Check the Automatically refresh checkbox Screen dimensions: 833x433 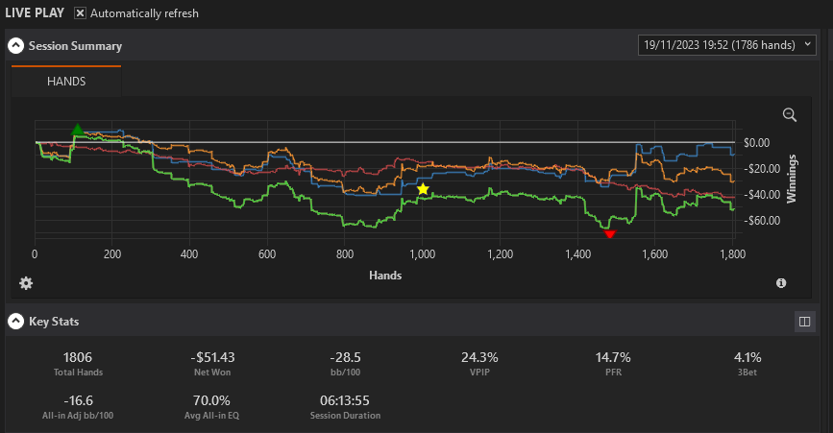[80, 13]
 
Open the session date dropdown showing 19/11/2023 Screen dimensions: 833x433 [726, 45]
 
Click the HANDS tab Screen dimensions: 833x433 [66, 82]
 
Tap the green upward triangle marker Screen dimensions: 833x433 [78, 130]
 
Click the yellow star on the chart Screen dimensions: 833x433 [423, 189]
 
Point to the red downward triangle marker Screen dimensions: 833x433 [609, 234]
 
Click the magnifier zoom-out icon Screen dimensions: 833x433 [790, 114]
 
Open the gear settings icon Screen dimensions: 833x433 [26, 283]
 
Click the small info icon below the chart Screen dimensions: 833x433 [781, 283]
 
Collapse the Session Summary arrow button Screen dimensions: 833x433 [16, 46]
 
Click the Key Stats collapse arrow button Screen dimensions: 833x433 [16, 322]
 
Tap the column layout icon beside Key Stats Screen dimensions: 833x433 [805, 322]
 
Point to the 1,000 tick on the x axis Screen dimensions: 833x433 [423, 254]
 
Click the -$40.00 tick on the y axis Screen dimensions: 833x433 [762, 195]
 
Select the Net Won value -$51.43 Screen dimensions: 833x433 [212, 358]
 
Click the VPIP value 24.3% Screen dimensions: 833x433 [479, 358]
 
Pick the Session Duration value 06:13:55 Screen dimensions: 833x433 [345, 400]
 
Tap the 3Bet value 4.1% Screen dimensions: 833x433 [747, 358]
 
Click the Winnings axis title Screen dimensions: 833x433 [792, 179]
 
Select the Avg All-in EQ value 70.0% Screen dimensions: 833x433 [211, 400]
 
